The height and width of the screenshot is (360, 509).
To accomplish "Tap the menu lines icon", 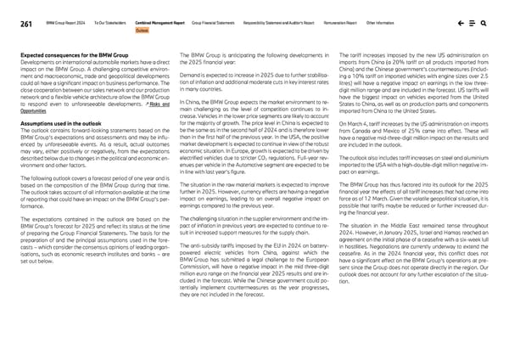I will (473, 25).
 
